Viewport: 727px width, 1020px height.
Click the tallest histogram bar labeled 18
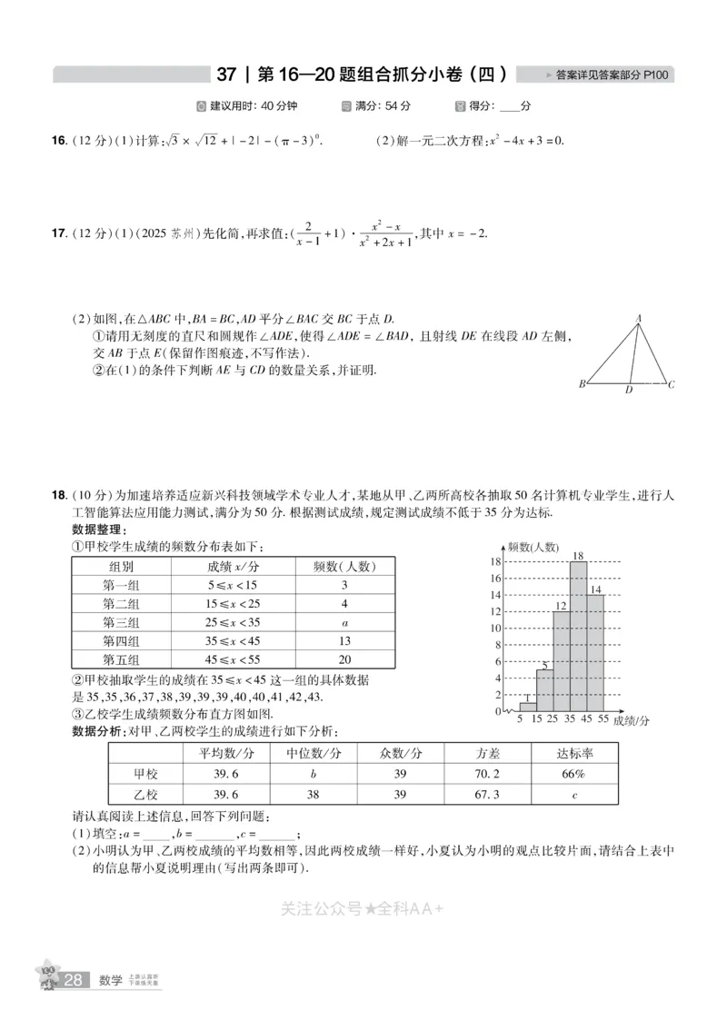pyautogui.click(x=578, y=636)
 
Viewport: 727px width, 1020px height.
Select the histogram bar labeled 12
pyautogui.click(x=562, y=661)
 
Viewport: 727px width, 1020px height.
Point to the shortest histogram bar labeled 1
pyautogui.click(x=527, y=707)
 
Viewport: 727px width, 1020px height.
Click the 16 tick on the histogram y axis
pyautogui.click(x=496, y=578)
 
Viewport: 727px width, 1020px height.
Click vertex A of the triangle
pyautogui.click(x=639, y=319)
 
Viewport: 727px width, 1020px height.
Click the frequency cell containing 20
pyautogui.click(x=344, y=659)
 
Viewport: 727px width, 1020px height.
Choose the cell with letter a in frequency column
pyautogui.click(x=344, y=622)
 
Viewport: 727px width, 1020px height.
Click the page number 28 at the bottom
pyautogui.click(x=75, y=980)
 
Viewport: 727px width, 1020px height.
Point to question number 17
pyautogui.click(x=58, y=233)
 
